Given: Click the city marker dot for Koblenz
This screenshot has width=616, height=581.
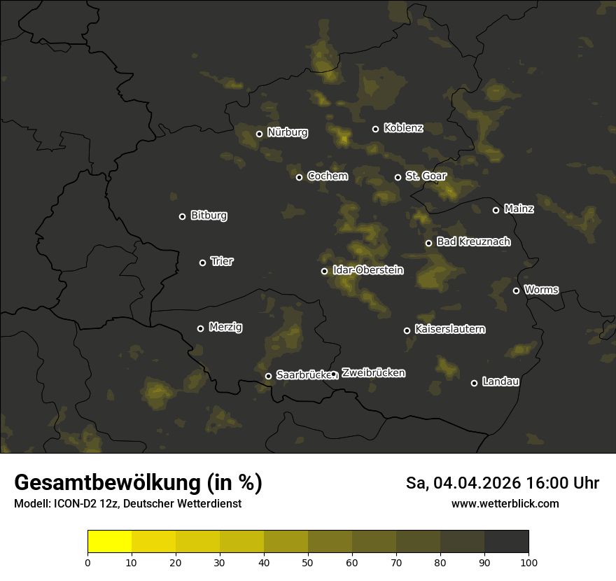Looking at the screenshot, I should [375, 129].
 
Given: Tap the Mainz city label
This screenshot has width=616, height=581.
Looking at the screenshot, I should [519, 209].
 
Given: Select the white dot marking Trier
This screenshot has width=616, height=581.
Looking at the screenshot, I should [203, 262].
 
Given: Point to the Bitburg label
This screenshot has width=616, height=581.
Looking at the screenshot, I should [209, 216].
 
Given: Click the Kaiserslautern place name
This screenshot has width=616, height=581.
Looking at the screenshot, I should [449, 330].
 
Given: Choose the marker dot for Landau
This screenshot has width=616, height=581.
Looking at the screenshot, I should [474, 383].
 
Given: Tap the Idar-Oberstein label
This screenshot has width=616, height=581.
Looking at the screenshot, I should [367, 270].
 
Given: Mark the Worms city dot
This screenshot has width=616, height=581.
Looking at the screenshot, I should [516, 290].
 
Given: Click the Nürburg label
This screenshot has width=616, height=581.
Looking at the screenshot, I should [287, 132].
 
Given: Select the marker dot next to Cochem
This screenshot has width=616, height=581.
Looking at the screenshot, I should [299, 177].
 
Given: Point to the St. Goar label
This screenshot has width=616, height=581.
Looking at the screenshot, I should [426, 176].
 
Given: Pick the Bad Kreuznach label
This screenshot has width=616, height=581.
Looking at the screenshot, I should [473, 242].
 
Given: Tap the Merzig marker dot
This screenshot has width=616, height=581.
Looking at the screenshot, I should [200, 328].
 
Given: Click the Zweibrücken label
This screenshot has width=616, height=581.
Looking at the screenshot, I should [373, 373].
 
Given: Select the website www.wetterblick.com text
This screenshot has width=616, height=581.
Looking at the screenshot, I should [505, 503].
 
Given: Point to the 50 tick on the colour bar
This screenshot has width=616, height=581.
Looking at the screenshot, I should [308, 561].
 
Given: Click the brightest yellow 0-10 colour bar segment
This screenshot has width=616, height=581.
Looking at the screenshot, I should [110, 542].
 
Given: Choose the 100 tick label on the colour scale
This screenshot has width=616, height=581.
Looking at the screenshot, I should [528, 561].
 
